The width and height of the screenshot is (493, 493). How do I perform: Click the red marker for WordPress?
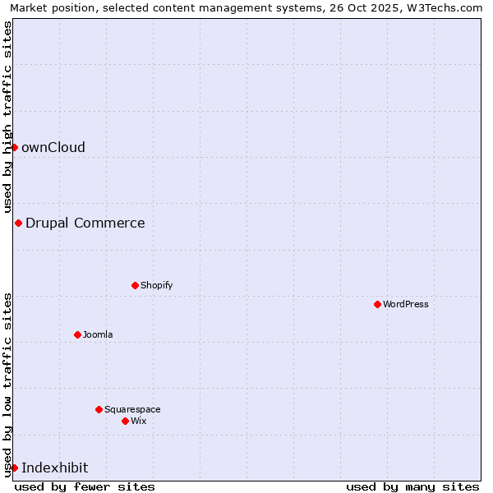(377, 304)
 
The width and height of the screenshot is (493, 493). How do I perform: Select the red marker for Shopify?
(135, 285)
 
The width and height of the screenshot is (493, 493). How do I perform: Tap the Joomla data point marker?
(77, 334)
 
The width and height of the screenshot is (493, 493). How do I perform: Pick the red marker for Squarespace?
(99, 409)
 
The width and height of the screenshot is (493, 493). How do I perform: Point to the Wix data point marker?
(125, 421)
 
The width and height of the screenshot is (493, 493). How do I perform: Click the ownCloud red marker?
(14, 147)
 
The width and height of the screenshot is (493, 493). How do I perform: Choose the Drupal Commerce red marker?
(18, 223)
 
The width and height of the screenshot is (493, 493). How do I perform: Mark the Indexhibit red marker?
(14, 468)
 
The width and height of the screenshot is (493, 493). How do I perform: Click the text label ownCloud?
(53, 147)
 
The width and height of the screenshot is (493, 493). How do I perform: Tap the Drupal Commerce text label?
(85, 223)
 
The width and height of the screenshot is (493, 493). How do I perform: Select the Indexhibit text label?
(55, 468)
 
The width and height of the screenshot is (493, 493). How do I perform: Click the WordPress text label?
(406, 304)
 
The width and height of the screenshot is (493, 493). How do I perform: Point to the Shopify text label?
(157, 285)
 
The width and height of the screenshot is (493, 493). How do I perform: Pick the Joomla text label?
(98, 334)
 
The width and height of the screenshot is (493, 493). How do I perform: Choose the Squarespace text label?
(132, 409)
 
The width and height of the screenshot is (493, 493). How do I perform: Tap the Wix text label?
(139, 421)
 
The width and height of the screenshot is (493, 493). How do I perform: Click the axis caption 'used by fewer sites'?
(85, 486)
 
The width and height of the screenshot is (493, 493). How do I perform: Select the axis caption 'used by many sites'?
(412, 486)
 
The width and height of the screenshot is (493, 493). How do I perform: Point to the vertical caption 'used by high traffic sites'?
(8, 116)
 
